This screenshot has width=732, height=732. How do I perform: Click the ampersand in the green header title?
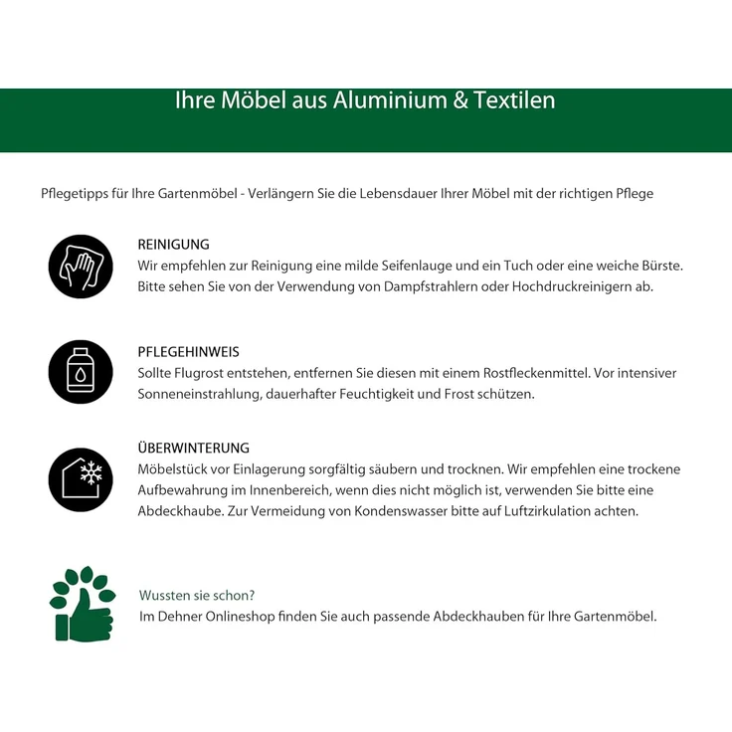click(459, 100)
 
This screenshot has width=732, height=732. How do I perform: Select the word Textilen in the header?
click(515, 100)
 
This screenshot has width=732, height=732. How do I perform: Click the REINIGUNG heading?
click(174, 245)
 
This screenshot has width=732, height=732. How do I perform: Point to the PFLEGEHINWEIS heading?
click(189, 352)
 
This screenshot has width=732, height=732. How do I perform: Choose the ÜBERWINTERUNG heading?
click(194, 449)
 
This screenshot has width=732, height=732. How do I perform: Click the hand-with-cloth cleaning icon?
click(81, 267)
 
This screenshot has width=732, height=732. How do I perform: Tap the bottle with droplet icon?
click(81, 372)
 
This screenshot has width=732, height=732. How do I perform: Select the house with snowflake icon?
click(81, 479)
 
